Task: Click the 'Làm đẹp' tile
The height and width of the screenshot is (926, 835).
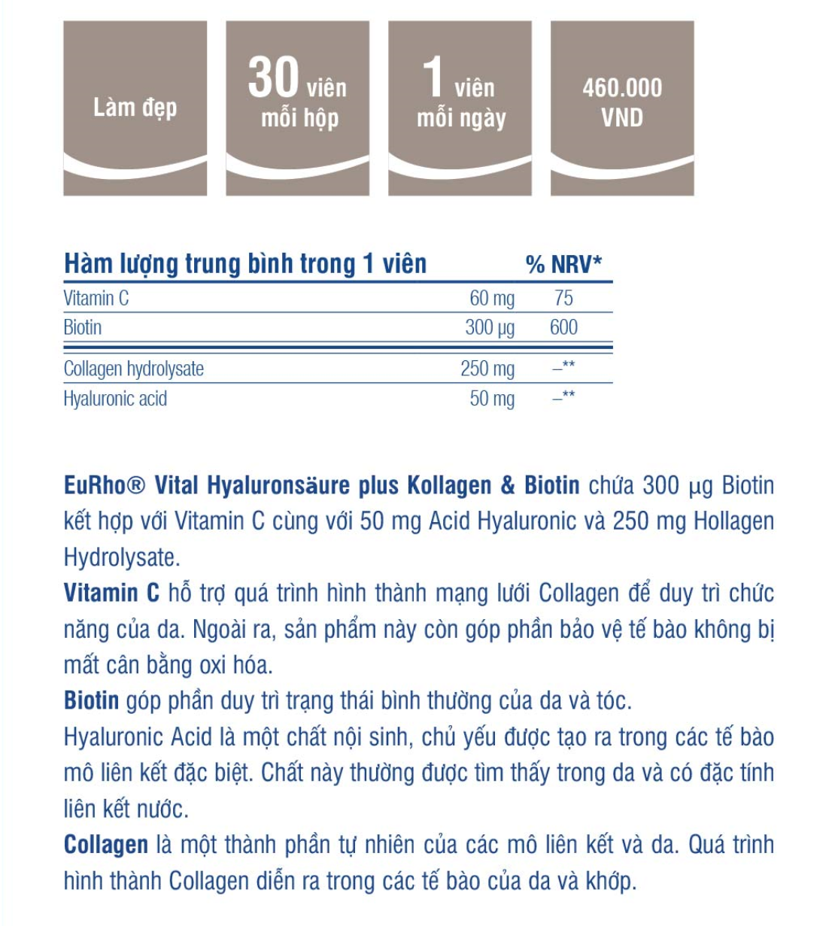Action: (135, 108)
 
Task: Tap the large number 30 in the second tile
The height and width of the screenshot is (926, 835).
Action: (274, 78)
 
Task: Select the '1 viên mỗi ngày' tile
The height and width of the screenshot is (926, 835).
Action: (460, 108)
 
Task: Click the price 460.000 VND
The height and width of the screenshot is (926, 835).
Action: (622, 102)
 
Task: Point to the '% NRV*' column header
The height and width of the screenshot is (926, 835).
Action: (563, 264)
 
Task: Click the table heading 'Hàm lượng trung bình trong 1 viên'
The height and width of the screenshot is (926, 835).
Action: (245, 264)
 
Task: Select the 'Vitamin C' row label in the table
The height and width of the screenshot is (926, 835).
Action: (96, 299)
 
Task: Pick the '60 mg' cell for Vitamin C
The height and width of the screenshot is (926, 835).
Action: (492, 299)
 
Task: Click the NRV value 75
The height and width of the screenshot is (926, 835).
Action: (563, 299)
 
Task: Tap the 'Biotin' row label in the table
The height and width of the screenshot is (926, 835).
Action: (83, 328)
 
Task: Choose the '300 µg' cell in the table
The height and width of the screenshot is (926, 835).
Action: (490, 328)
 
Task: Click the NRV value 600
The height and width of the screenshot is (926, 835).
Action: (563, 328)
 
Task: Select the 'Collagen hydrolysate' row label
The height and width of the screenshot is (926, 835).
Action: (134, 369)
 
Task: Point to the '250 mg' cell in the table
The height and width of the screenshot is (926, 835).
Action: (487, 369)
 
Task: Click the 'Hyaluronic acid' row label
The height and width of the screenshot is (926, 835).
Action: (115, 399)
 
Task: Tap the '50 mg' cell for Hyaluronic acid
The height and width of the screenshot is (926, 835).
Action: (492, 399)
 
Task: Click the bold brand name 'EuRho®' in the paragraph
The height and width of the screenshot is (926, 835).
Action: (104, 486)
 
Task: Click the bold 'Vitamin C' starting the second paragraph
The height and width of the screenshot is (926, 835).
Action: (111, 594)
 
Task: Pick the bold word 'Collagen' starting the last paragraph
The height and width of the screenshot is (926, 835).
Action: (106, 845)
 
